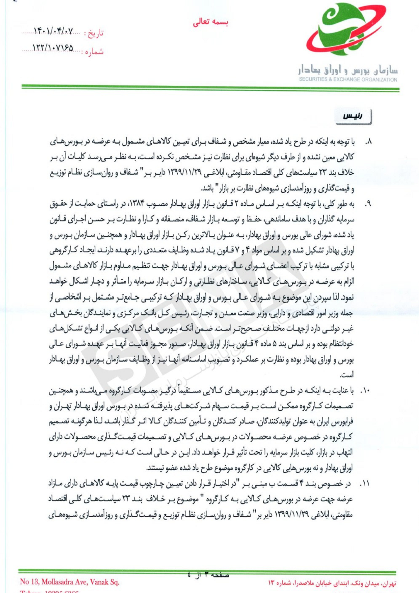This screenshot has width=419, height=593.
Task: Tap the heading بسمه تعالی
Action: [x=210, y=23]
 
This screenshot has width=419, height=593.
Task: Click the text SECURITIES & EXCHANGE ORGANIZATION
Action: [x=348, y=80]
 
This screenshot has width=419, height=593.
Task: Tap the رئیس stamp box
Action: [x=353, y=116]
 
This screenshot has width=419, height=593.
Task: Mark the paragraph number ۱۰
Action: [x=366, y=391]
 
